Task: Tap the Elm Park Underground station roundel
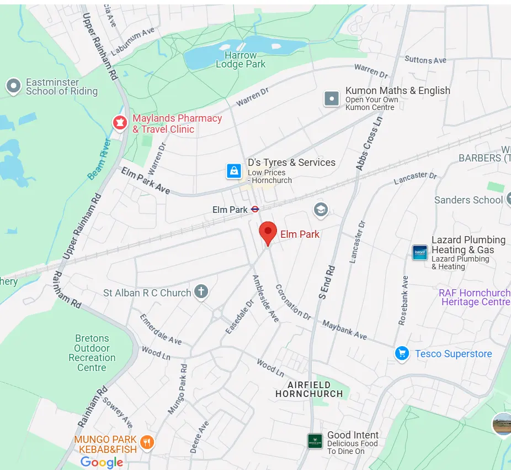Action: click(255, 210)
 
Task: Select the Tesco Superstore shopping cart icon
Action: click(402, 354)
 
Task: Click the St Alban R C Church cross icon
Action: click(201, 292)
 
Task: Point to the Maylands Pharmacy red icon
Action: click(120, 123)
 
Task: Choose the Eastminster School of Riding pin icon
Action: click(13, 86)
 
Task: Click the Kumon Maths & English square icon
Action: click(332, 98)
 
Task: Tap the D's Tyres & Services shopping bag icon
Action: click(235, 171)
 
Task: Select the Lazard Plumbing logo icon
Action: click(420, 252)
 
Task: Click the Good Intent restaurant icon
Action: click(315, 441)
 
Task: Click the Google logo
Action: click(102, 462)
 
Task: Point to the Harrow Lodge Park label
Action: click(241, 60)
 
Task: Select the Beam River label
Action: click(99, 159)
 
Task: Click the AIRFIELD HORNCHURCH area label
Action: click(309, 389)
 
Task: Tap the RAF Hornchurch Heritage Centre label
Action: click(475, 297)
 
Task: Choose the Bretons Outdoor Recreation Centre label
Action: click(92, 353)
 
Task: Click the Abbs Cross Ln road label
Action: click(369, 143)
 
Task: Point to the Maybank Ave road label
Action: click(345, 330)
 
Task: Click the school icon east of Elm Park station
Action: click(321, 210)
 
